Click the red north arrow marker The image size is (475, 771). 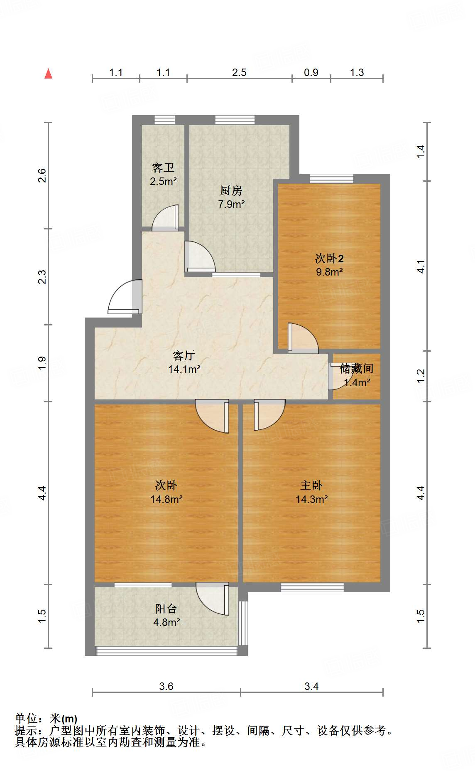coord(49,74)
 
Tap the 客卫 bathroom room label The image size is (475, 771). coord(163,168)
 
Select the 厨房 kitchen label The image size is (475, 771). coord(231,190)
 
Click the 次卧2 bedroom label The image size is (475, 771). coord(329,258)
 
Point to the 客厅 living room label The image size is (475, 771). coord(184,355)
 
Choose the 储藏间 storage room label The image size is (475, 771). coord(356,368)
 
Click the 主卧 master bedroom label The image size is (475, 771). coord(311,485)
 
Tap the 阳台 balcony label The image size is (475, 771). coord(166,608)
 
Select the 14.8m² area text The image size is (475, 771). coord(166,499)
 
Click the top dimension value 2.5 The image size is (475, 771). coord(239,72)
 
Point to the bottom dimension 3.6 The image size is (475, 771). coord(166,686)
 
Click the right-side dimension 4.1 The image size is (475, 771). coord(421,266)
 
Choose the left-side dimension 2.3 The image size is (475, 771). coord(42,277)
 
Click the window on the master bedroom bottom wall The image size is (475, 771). coord(312,587)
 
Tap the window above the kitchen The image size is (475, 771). coord(235,120)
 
